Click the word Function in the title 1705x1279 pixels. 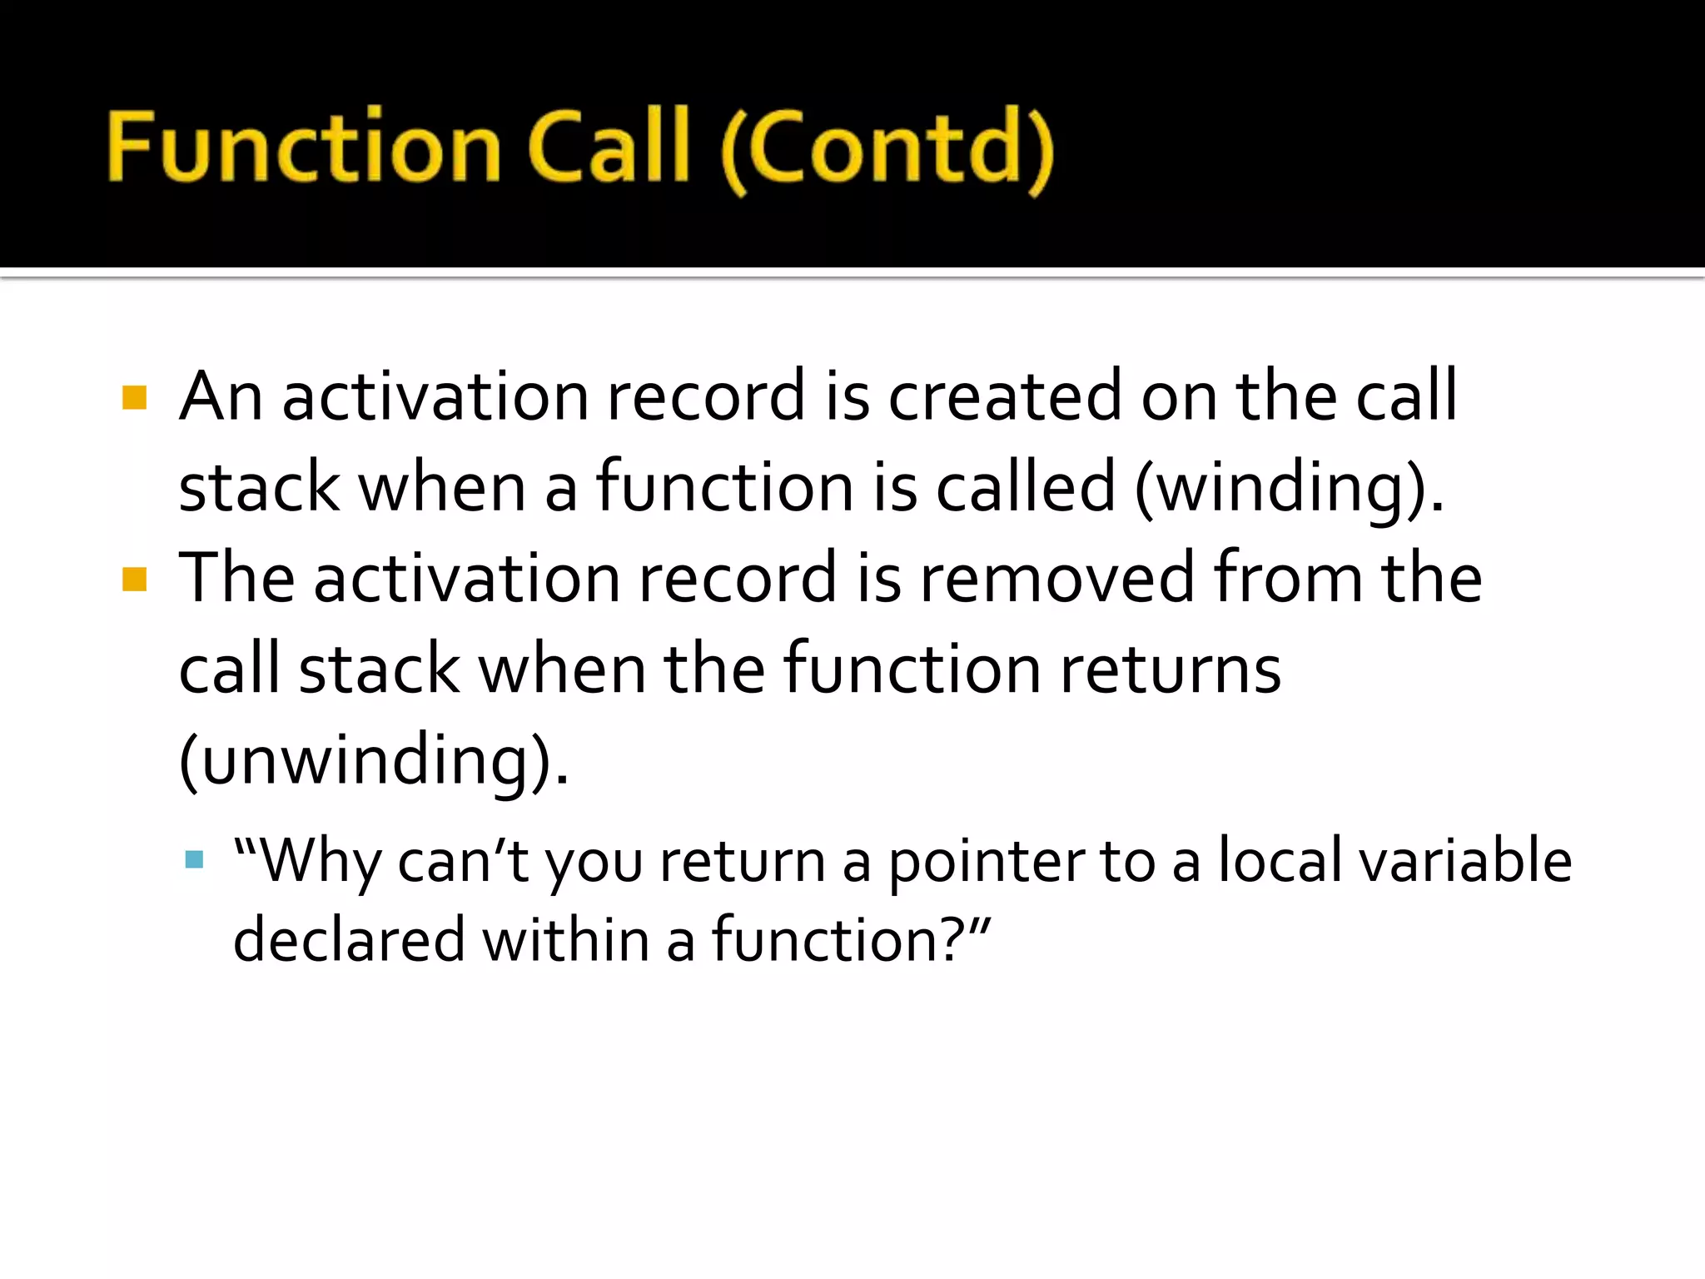pos(304,147)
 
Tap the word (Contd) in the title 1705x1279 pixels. pos(887,150)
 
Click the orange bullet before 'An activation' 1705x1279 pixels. pos(134,397)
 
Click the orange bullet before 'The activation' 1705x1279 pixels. pos(134,579)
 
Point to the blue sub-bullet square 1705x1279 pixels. pos(195,859)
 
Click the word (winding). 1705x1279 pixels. pos(1289,488)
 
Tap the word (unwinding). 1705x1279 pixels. pos(374,760)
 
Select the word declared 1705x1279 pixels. pos(349,940)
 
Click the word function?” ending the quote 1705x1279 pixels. pos(850,940)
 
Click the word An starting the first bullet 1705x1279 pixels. pos(221,397)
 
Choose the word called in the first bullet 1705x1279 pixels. pos(1025,487)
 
